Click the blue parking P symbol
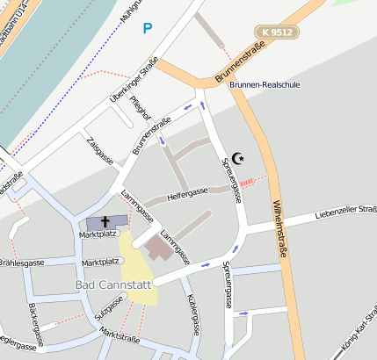[x=147, y=29]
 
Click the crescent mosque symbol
[x=236, y=158]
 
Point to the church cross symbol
[x=104, y=222]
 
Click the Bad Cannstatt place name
[x=114, y=285]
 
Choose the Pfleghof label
[x=140, y=112]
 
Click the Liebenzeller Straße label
[x=346, y=213]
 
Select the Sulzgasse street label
[x=110, y=310]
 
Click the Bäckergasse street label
[x=39, y=327]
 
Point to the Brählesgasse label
[x=22, y=263]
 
